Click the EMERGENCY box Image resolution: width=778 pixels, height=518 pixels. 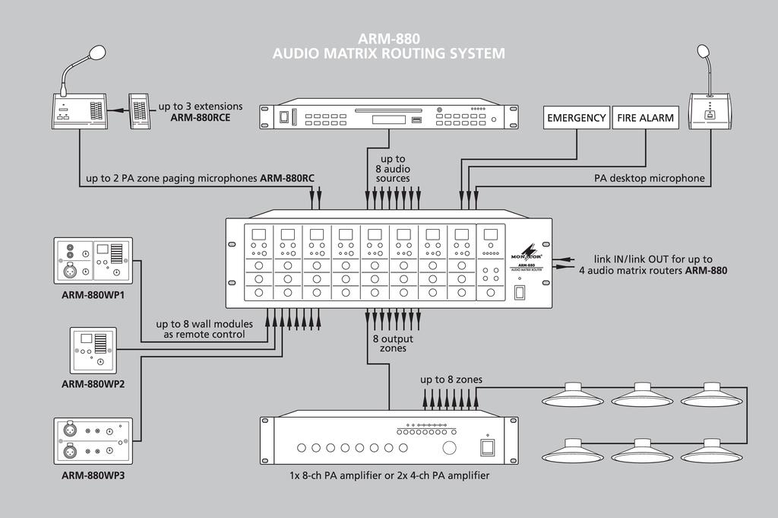577,118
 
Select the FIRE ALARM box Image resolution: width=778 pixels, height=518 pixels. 645,118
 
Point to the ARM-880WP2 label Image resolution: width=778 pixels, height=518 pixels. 93,384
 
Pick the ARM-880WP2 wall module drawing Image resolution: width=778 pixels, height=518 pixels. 93,350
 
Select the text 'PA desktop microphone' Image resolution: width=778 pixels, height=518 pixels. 649,180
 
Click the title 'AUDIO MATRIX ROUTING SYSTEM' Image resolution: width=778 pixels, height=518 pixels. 388,53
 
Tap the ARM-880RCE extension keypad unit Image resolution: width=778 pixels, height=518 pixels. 138,110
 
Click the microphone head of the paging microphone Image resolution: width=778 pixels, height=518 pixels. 96,52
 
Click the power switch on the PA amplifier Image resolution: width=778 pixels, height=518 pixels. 487,447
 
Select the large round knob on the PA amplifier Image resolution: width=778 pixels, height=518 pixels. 450,447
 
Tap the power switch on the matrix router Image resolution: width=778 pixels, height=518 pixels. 520,292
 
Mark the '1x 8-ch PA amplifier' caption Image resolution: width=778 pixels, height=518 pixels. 389,475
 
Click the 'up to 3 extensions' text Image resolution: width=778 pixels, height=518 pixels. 201,106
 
